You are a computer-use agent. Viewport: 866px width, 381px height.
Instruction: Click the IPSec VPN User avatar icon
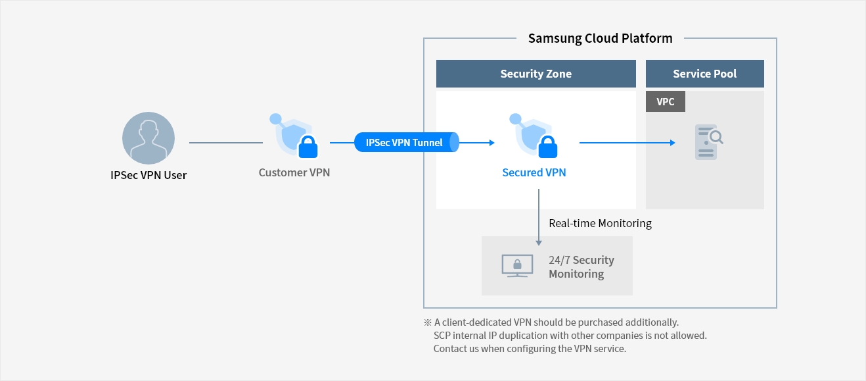[x=148, y=138]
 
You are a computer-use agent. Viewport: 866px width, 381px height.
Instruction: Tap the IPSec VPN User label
[x=148, y=176]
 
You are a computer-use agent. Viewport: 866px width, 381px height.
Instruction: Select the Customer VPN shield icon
[x=294, y=136]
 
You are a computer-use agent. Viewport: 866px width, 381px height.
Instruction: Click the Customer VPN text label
[x=294, y=172]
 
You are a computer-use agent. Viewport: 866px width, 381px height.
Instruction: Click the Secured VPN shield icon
[x=534, y=136]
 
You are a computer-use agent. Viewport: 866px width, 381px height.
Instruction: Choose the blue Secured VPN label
[x=534, y=172]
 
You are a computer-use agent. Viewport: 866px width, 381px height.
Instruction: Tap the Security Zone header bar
[x=536, y=74]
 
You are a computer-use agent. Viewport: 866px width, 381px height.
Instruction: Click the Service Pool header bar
[x=704, y=74]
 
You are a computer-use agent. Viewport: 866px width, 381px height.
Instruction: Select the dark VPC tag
[x=665, y=102]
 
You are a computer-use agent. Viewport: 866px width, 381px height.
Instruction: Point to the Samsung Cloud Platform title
[x=600, y=38]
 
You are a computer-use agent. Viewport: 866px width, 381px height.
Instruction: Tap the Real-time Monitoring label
[x=600, y=223]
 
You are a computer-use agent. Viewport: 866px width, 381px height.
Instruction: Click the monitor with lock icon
[x=517, y=266]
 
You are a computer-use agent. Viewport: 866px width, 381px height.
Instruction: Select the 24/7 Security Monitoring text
[x=581, y=267]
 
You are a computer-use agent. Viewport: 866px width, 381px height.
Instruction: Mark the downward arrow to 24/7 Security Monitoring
[x=539, y=217]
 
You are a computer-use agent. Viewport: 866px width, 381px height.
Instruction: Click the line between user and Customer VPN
[x=225, y=142]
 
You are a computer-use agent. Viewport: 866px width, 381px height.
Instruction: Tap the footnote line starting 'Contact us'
[x=530, y=349]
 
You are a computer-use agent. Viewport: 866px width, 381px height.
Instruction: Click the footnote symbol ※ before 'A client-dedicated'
[x=428, y=322]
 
